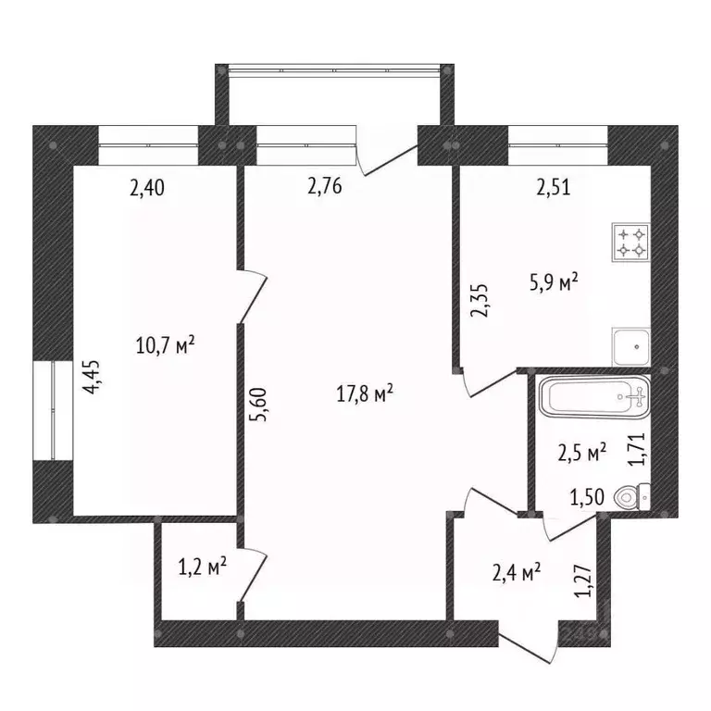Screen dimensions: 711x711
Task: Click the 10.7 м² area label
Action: [x=166, y=347]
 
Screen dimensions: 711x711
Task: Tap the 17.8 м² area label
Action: [x=365, y=394]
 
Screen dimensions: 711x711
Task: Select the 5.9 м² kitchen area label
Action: [x=554, y=282]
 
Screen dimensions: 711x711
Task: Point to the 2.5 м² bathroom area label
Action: [x=582, y=453]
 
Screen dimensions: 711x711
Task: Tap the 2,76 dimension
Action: [x=325, y=188]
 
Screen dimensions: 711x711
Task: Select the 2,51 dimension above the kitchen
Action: [x=553, y=188]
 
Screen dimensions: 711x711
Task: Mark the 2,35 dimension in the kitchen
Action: [x=480, y=301]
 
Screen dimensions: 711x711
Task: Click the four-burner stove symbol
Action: [x=631, y=242]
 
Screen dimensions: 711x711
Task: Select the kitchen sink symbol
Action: [x=631, y=346]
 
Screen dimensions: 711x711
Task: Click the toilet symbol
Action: [x=634, y=497]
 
